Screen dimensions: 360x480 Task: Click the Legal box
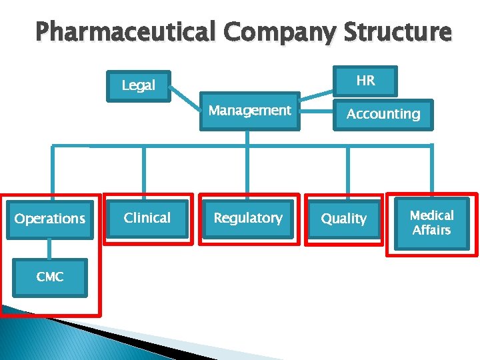139,85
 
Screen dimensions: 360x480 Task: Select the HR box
365,81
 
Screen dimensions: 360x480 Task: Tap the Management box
249,111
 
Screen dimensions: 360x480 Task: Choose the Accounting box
383,114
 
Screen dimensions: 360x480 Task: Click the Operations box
50,219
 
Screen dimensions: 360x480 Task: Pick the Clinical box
147,218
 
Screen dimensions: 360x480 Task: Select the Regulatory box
248,218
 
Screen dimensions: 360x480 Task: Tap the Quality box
344,219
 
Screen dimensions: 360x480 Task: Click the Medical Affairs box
431,223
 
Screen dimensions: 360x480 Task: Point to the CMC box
50,277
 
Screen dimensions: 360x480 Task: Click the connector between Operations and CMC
50,248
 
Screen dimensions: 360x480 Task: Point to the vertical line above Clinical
144,172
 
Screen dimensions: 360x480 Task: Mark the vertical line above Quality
348,171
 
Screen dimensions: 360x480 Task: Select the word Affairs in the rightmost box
431,231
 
